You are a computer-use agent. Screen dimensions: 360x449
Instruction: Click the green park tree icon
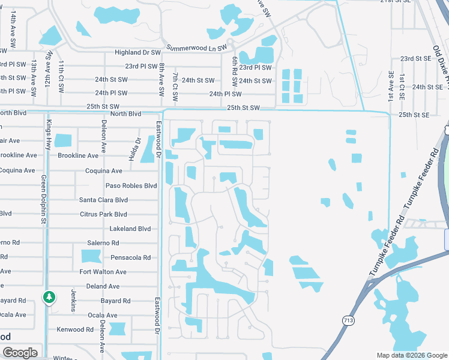49,297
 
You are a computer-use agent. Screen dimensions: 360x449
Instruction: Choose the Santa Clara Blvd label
103,200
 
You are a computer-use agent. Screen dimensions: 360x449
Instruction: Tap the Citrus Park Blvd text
103,214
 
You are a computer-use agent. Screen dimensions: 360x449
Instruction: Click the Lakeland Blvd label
130,229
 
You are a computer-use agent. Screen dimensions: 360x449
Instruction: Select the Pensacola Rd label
130,257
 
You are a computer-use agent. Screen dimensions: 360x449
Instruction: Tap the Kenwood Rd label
75,329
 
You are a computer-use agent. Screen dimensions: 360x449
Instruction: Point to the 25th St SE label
414,115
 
